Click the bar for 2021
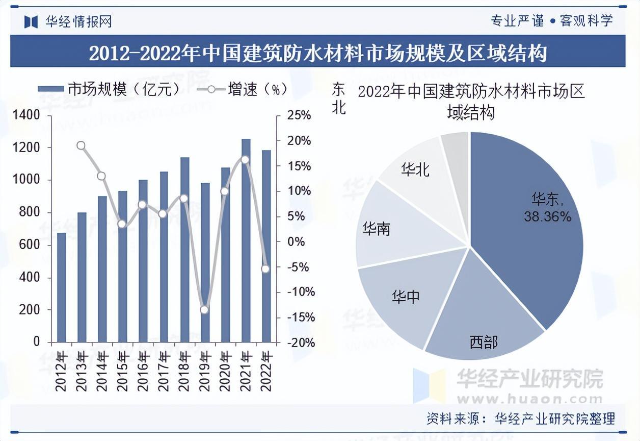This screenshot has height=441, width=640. pos(246,240)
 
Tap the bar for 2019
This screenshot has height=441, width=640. pos(205,262)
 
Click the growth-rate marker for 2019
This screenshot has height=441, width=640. pos(204,310)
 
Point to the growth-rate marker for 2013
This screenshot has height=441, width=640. pos(81,146)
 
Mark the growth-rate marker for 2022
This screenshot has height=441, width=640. pos(265,269)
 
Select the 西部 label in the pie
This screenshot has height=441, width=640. pos(484,342)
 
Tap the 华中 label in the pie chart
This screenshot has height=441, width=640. pos(406,296)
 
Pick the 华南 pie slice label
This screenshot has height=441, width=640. pos(376,229)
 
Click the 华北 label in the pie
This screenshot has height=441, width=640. pos(415,169)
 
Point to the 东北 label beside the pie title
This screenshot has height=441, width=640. pos(338,99)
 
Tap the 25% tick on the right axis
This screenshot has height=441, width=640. pos(299,115)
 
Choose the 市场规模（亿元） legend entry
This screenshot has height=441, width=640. pos(110,89)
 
